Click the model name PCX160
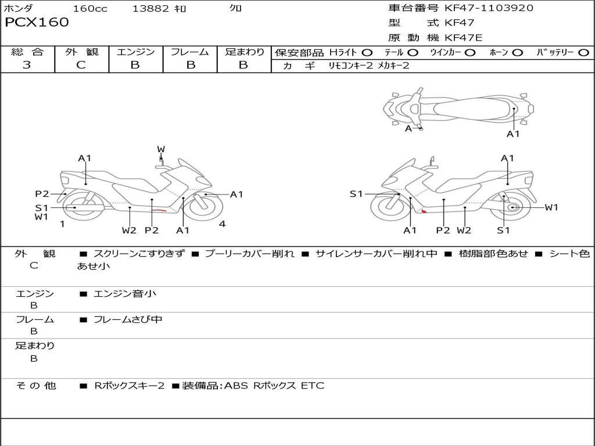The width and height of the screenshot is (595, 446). (x=37, y=23)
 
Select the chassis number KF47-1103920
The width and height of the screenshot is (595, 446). (x=489, y=8)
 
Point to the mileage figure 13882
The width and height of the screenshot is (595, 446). (x=150, y=9)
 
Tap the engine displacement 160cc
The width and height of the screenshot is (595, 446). (x=90, y=9)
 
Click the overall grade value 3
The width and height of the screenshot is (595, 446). (x=27, y=65)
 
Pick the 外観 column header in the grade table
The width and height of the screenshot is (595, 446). (x=81, y=52)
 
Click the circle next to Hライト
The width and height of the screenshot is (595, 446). (x=367, y=53)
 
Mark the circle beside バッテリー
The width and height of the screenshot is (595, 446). (x=583, y=53)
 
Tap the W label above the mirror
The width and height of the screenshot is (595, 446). (x=161, y=149)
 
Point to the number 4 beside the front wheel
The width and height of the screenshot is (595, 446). (x=222, y=224)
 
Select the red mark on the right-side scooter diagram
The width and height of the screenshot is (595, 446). (x=424, y=211)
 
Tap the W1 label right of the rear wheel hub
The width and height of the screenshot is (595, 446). (x=551, y=207)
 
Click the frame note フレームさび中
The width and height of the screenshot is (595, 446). (x=128, y=319)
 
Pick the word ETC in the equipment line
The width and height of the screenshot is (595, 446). (x=313, y=386)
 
